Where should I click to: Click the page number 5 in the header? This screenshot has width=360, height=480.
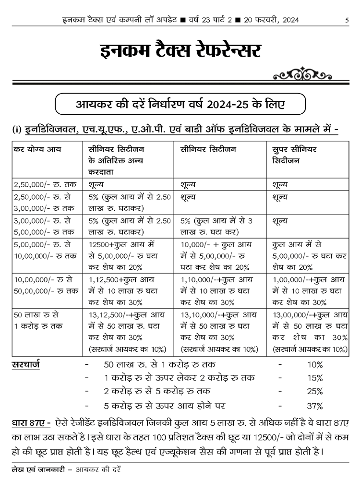[347, 20]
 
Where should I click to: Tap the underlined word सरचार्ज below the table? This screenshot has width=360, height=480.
[26, 364]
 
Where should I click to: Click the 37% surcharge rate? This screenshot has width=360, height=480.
[315, 406]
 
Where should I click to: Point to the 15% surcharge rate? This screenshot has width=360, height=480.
[315, 378]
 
